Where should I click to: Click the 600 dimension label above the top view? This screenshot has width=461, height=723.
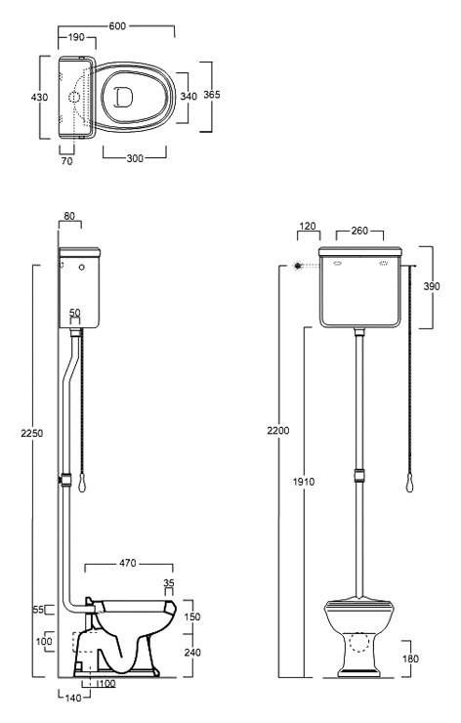[117, 25]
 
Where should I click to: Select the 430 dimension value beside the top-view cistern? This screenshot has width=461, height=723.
[39, 98]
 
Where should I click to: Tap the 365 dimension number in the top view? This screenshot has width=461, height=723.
[212, 95]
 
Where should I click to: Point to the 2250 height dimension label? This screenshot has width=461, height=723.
[32, 433]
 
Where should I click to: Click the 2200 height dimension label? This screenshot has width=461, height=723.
[278, 430]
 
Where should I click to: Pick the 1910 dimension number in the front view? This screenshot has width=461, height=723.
[304, 482]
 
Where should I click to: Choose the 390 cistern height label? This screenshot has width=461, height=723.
[432, 286]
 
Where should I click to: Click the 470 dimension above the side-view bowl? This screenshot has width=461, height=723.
[128, 563]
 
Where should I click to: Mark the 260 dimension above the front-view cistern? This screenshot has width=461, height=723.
[359, 231]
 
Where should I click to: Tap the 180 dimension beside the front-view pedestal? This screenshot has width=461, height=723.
[410, 659]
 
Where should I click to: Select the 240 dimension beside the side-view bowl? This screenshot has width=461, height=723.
[192, 653]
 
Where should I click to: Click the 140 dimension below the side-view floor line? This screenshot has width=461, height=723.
[73, 699]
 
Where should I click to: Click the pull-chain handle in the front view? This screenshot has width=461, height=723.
[410, 484]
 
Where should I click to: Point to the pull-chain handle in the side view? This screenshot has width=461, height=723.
[82, 483]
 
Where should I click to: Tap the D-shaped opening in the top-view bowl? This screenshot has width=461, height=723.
[123, 98]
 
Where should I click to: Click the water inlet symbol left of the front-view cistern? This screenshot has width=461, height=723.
[298, 266]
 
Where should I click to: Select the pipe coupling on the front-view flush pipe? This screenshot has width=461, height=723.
[359, 476]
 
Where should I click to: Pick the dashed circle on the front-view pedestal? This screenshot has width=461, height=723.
[359, 642]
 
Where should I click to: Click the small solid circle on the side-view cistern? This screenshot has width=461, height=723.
[82, 267]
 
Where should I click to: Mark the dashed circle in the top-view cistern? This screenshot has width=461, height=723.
[74, 97]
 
